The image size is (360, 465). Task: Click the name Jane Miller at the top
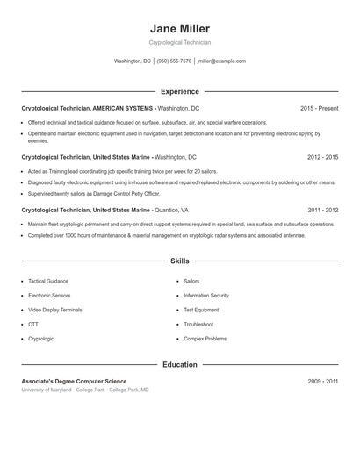pos(180,29)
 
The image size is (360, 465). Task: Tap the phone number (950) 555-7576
pos(174,61)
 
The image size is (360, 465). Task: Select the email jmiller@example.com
pos(221,61)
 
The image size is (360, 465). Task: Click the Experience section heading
pos(180,91)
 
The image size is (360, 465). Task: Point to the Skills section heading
pos(180,261)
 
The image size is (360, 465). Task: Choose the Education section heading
pos(180,364)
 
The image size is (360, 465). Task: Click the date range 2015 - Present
pos(319,108)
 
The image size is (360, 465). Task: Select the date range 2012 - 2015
pos(322,157)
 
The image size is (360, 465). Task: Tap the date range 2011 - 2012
pos(322,211)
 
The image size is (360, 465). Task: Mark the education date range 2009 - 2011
pos(322,382)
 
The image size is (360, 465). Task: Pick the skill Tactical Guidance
pos(48,282)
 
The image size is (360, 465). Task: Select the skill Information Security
pos(206,296)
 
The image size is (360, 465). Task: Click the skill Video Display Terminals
pos(55,310)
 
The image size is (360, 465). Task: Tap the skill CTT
pos(33,324)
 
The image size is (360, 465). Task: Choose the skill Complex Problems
pos(205,338)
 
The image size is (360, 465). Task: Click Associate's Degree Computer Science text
pos(74,382)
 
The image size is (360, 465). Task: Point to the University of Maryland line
pos(85,390)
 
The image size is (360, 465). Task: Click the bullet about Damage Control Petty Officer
pos(94,194)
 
